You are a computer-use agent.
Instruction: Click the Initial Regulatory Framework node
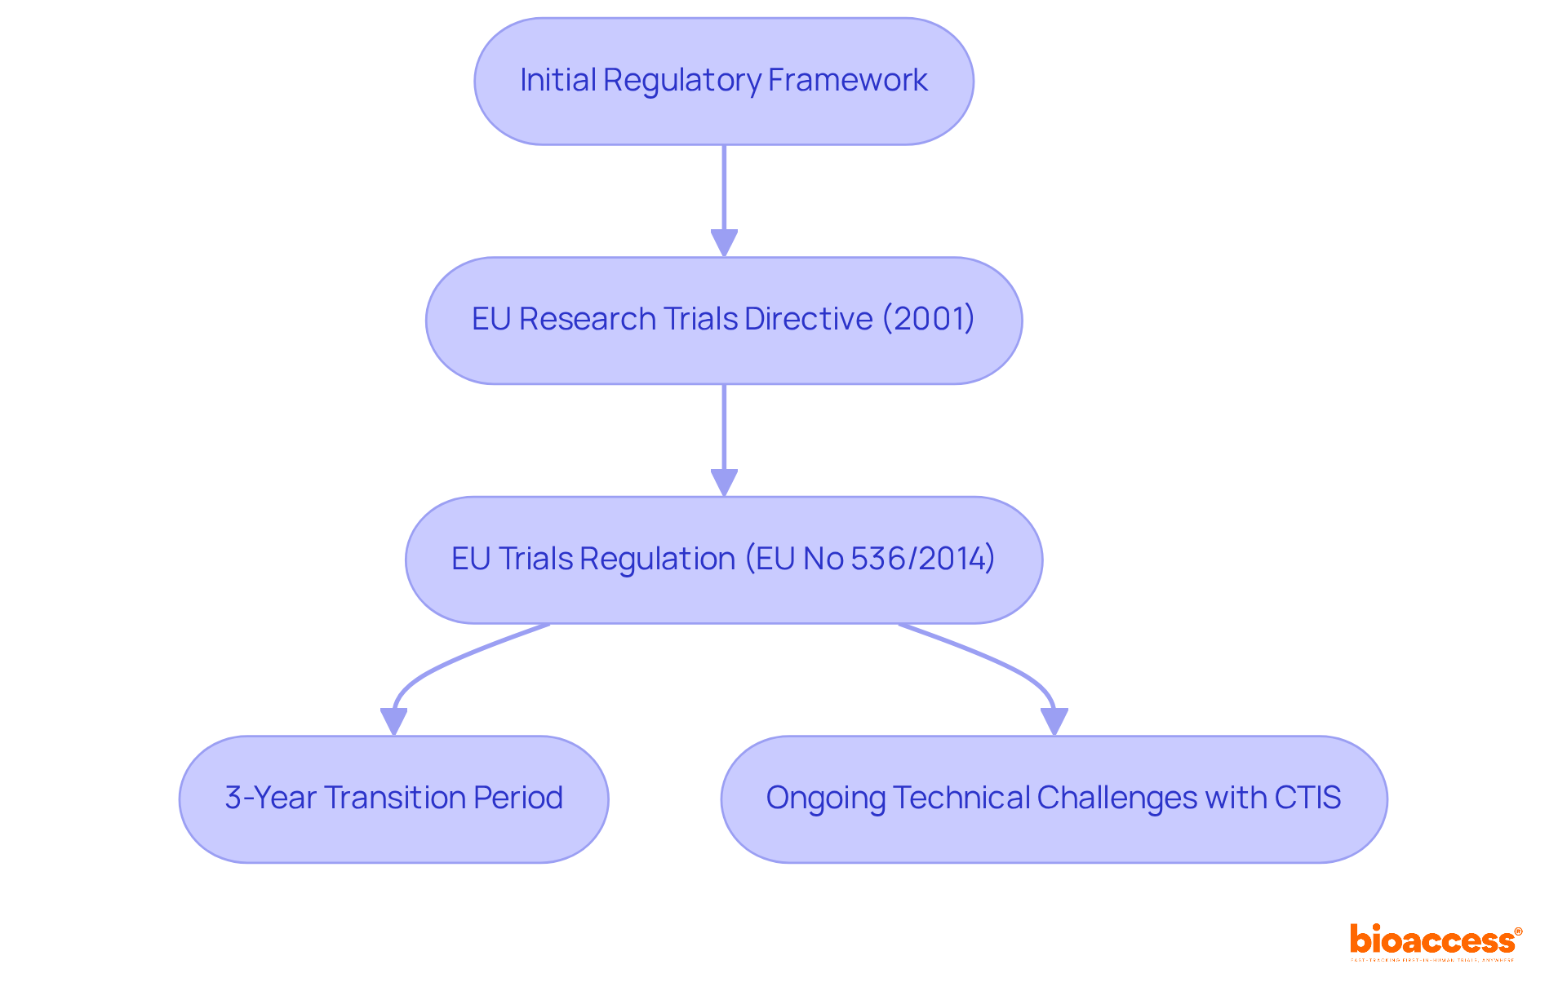tap(723, 82)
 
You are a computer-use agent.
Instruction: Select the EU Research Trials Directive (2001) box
tap(723, 321)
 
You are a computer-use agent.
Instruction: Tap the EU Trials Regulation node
tap(723, 560)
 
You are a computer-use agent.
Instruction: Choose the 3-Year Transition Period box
tap(393, 799)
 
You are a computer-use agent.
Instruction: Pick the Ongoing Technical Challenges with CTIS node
tap(1054, 799)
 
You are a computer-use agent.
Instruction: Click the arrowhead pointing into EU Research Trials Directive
tap(724, 243)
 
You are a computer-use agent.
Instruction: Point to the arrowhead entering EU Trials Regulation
tap(724, 482)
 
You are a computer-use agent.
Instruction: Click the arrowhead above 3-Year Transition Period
tap(393, 721)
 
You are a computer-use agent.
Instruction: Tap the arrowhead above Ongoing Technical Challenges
tap(1054, 721)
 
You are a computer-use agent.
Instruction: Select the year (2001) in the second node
tap(928, 319)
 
